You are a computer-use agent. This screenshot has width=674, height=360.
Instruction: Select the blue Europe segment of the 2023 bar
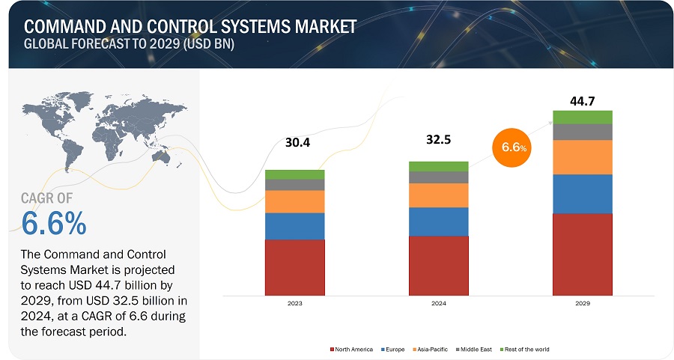294,226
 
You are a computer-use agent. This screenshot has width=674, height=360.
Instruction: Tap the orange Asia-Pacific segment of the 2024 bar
438,195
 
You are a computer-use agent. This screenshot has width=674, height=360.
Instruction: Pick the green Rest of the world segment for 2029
583,117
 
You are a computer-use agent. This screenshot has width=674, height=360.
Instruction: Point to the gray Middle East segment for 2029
583,132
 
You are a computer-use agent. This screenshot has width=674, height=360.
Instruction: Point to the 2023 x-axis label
294,305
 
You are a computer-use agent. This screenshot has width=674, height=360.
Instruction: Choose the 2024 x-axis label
438,305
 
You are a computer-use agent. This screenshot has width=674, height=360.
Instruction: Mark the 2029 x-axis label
583,305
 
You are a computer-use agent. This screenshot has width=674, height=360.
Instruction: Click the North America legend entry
353,349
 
